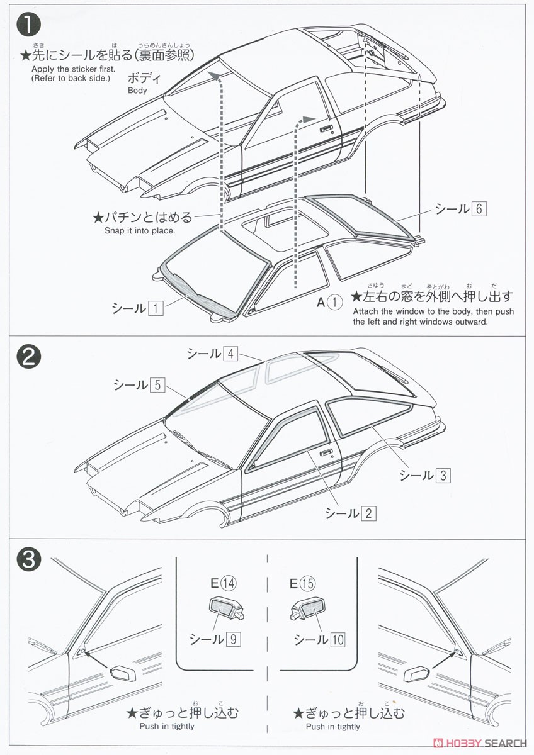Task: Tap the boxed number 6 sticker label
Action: (479, 209)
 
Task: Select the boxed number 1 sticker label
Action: (156, 308)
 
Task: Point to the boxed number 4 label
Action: (231, 354)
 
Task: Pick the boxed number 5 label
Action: (157, 385)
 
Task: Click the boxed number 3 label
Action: (443, 475)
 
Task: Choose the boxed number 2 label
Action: (368, 513)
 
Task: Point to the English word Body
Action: (137, 91)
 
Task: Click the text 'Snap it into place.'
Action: (140, 230)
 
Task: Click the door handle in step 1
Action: (326, 129)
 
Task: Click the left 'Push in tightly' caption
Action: (167, 727)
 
